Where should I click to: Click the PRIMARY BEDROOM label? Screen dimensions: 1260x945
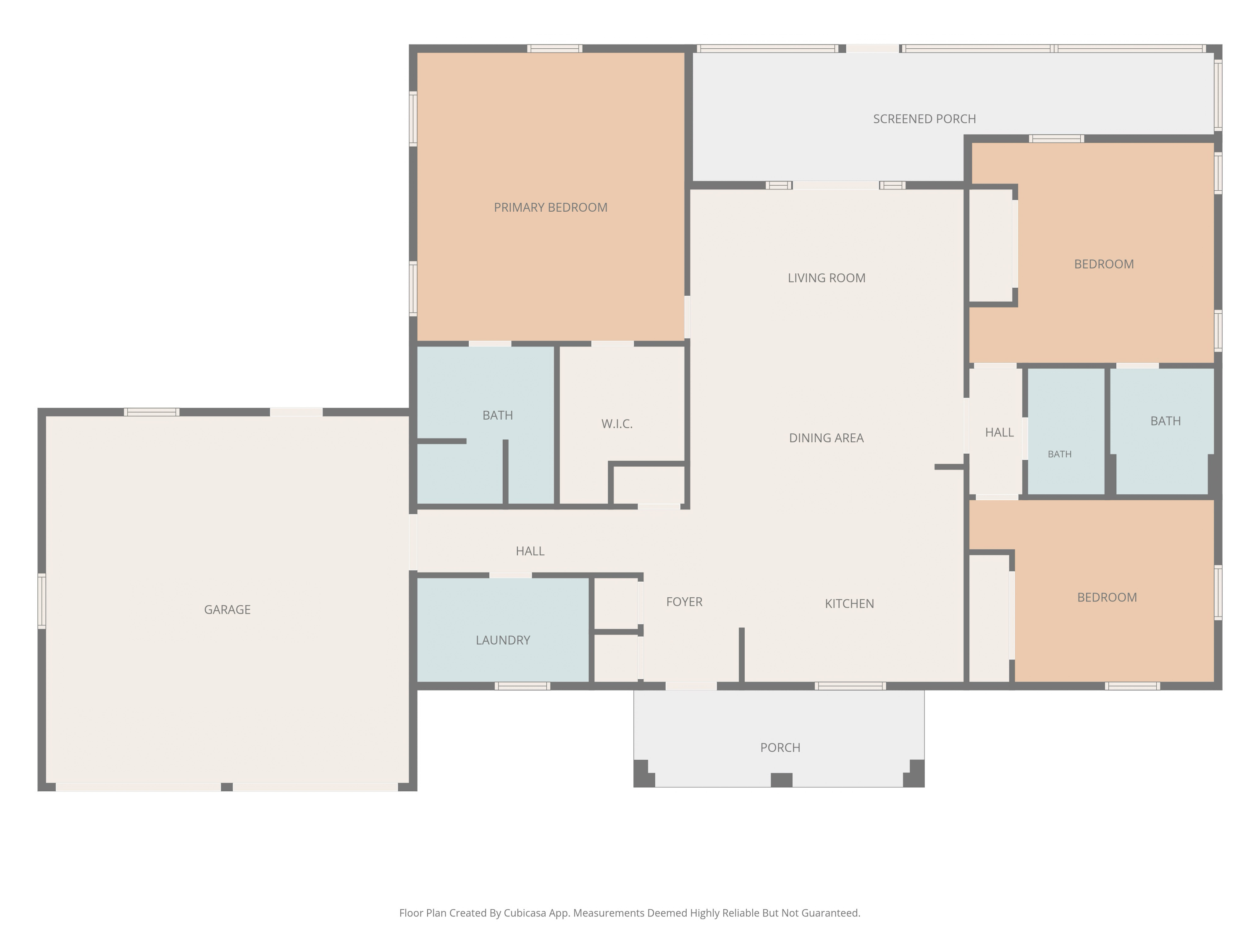click(550, 207)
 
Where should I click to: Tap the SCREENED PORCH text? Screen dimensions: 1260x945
click(924, 119)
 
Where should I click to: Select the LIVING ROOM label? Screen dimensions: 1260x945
click(827, 278)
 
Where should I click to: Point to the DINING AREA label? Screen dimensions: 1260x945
click(826, 438)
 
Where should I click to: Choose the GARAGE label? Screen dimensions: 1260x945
click(227, 609)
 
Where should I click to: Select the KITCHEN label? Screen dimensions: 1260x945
click(849, 604)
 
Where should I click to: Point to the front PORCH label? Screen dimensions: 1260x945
click(780, 747)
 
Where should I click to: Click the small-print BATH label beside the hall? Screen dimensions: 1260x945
click(1060, 454)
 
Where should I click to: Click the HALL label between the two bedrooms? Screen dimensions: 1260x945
click(999, 432)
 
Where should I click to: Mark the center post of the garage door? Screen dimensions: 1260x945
click(227, 787)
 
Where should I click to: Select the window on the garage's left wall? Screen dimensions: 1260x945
click(42, 601)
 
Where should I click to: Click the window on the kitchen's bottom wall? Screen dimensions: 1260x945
click(850, 686)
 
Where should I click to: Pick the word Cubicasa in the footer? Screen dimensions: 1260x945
click(525, 913)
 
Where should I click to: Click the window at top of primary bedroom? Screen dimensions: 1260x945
click(555, 48)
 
